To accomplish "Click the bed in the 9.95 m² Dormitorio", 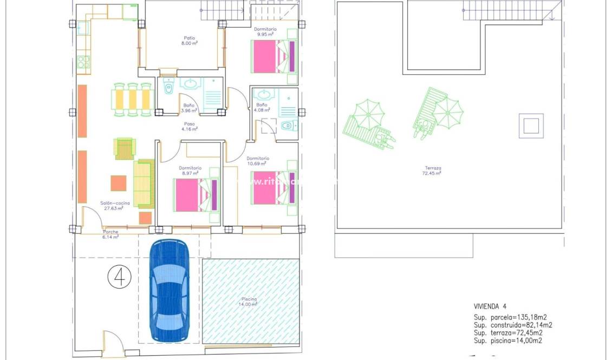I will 274,56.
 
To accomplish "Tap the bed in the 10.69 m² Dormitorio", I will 274,187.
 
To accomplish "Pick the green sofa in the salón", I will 144,184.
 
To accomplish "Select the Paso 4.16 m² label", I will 190,126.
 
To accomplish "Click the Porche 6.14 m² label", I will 110,234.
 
